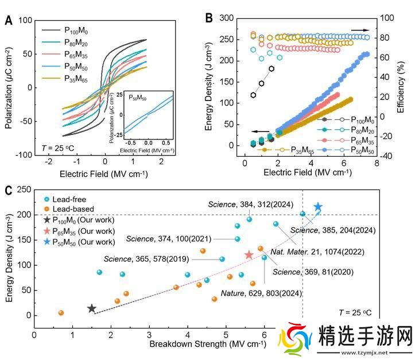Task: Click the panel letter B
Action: click(x=211, y=18)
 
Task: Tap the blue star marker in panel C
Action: click(x=318, y=207)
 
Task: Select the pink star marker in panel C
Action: click(x=249, y=254)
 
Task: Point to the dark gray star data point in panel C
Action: click(x=91, y=308)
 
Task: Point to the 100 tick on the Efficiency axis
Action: click(x=388, y=18)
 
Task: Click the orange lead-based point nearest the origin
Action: click(x=61, y=313)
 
